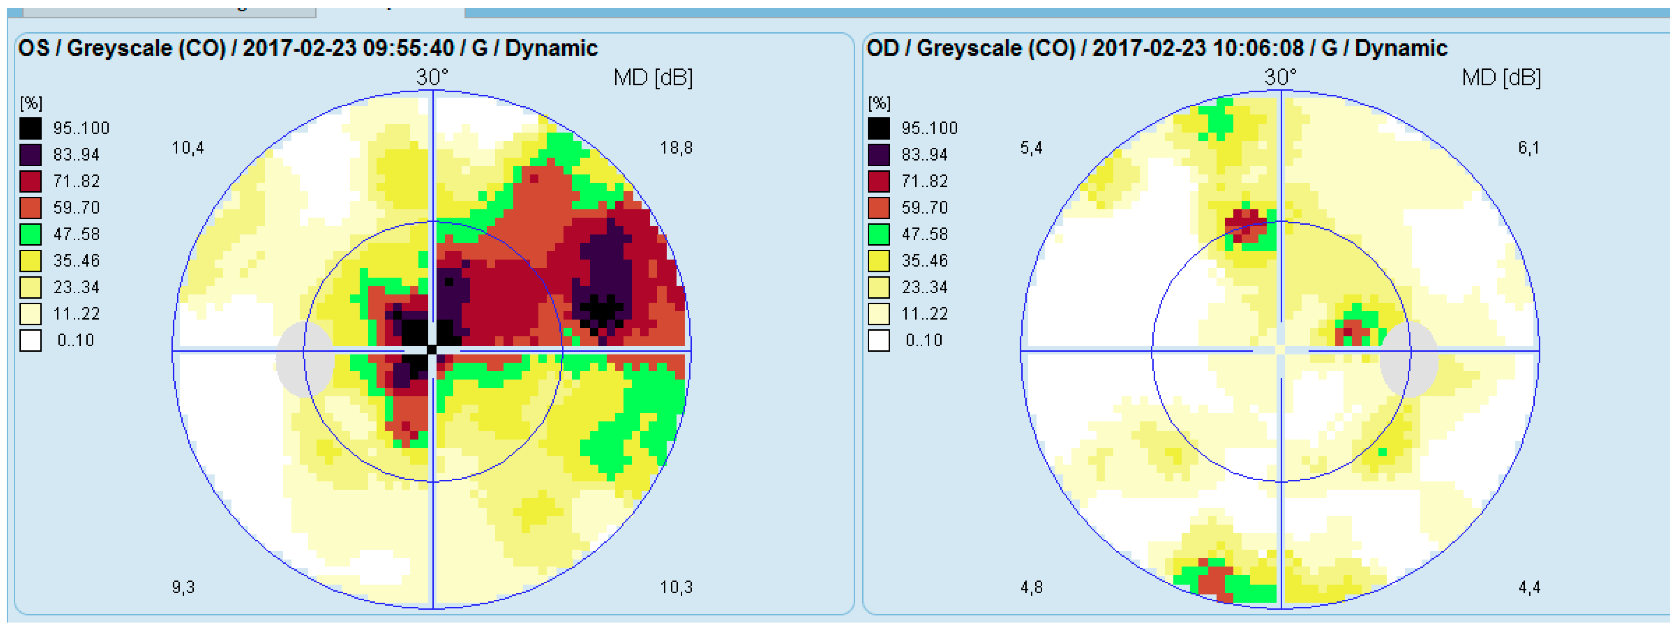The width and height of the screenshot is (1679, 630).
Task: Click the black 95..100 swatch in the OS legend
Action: click(x=30, y=128)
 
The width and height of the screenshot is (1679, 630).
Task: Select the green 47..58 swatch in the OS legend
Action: click(x=30, y=234)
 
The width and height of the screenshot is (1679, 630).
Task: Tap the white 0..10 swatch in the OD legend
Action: click(x=879, y=340)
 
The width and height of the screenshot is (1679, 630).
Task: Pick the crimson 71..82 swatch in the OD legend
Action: click(x=879, y=181)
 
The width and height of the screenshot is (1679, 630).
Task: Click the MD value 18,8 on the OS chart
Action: click(x=676, y=148)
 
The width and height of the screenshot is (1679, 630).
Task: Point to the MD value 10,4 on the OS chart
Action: click(x=188, y=148)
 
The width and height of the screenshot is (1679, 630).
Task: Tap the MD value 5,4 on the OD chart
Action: click(x=1031, y=148)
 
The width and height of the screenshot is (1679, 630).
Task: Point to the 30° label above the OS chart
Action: click(x=432, y=78)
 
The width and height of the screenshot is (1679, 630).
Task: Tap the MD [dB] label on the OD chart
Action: click(x=1501, y=78)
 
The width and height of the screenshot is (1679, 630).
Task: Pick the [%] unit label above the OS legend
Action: click(x=31, y=103)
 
